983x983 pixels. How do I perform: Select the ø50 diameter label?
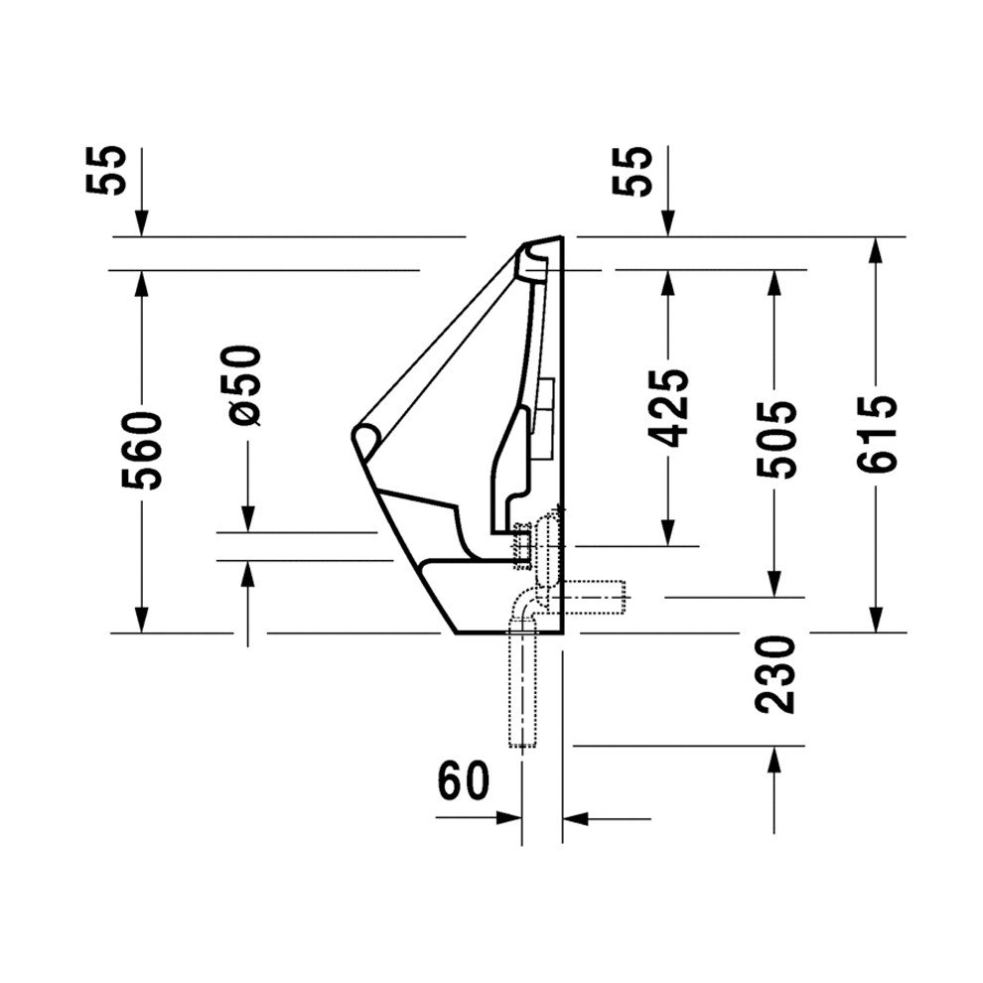click(x=245, y=384)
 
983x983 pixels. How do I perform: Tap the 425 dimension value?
click(x=668, y=407)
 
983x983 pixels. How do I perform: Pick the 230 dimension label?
click(x=775, y=674)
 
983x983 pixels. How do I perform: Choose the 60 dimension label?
click(x=464, y=781)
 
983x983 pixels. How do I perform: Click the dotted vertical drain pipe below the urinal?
click(x=522, y=695)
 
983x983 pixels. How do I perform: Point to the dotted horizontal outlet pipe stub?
click(x=601, y=597)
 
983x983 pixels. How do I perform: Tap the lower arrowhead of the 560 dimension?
click(x=142, y=620)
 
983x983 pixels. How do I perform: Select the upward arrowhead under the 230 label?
click(x=772, y=759)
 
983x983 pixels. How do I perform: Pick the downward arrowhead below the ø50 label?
click(x=246, y=517)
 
